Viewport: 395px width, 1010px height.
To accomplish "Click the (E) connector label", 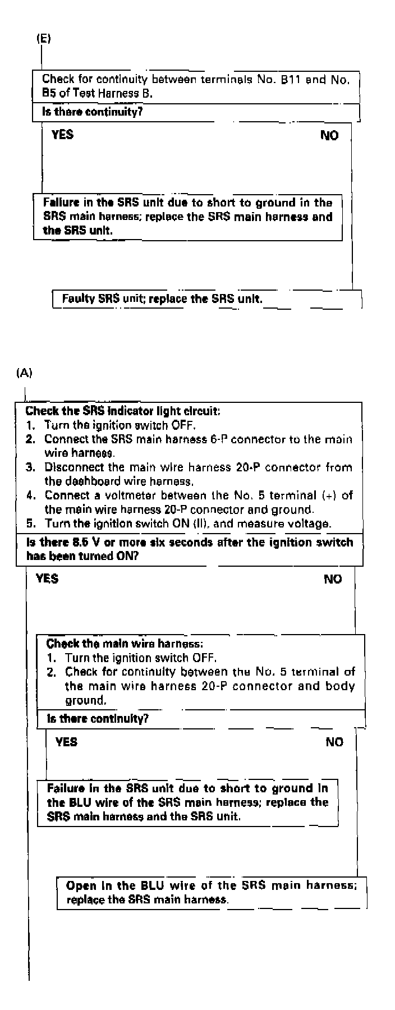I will [x=43, y=39].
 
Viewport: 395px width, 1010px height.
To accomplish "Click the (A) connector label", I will [x=25, y=373].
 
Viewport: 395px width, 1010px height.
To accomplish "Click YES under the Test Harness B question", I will [x=62, y=135].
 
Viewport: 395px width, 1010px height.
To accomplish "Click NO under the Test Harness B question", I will [x=329, y=135].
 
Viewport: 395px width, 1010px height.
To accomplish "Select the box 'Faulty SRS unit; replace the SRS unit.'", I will [x=162, y=299].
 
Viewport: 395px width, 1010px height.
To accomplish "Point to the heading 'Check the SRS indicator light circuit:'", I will [x=123, y=411].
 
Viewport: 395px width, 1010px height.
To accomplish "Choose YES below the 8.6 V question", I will [x=47, y=579].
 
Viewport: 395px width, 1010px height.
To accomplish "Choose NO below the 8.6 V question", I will [x=333, y=579].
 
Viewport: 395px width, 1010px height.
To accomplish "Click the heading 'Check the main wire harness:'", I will [x=125, y=644].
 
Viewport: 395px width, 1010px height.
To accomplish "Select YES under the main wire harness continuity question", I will [x=66, y=742].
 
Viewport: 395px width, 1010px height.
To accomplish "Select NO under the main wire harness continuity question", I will [x=334, y=742].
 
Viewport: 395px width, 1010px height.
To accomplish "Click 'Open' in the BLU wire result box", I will [x=81, y=886].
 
